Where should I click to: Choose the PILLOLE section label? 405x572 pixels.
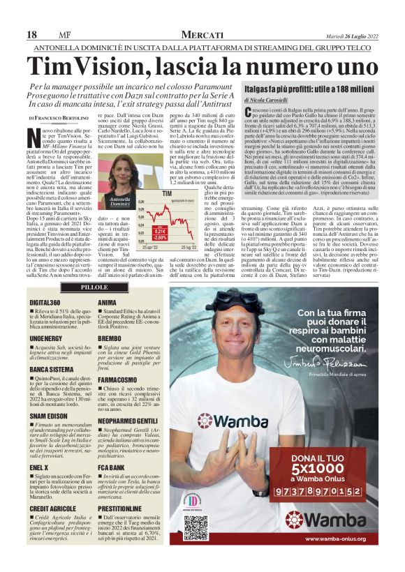click(94, 287)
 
